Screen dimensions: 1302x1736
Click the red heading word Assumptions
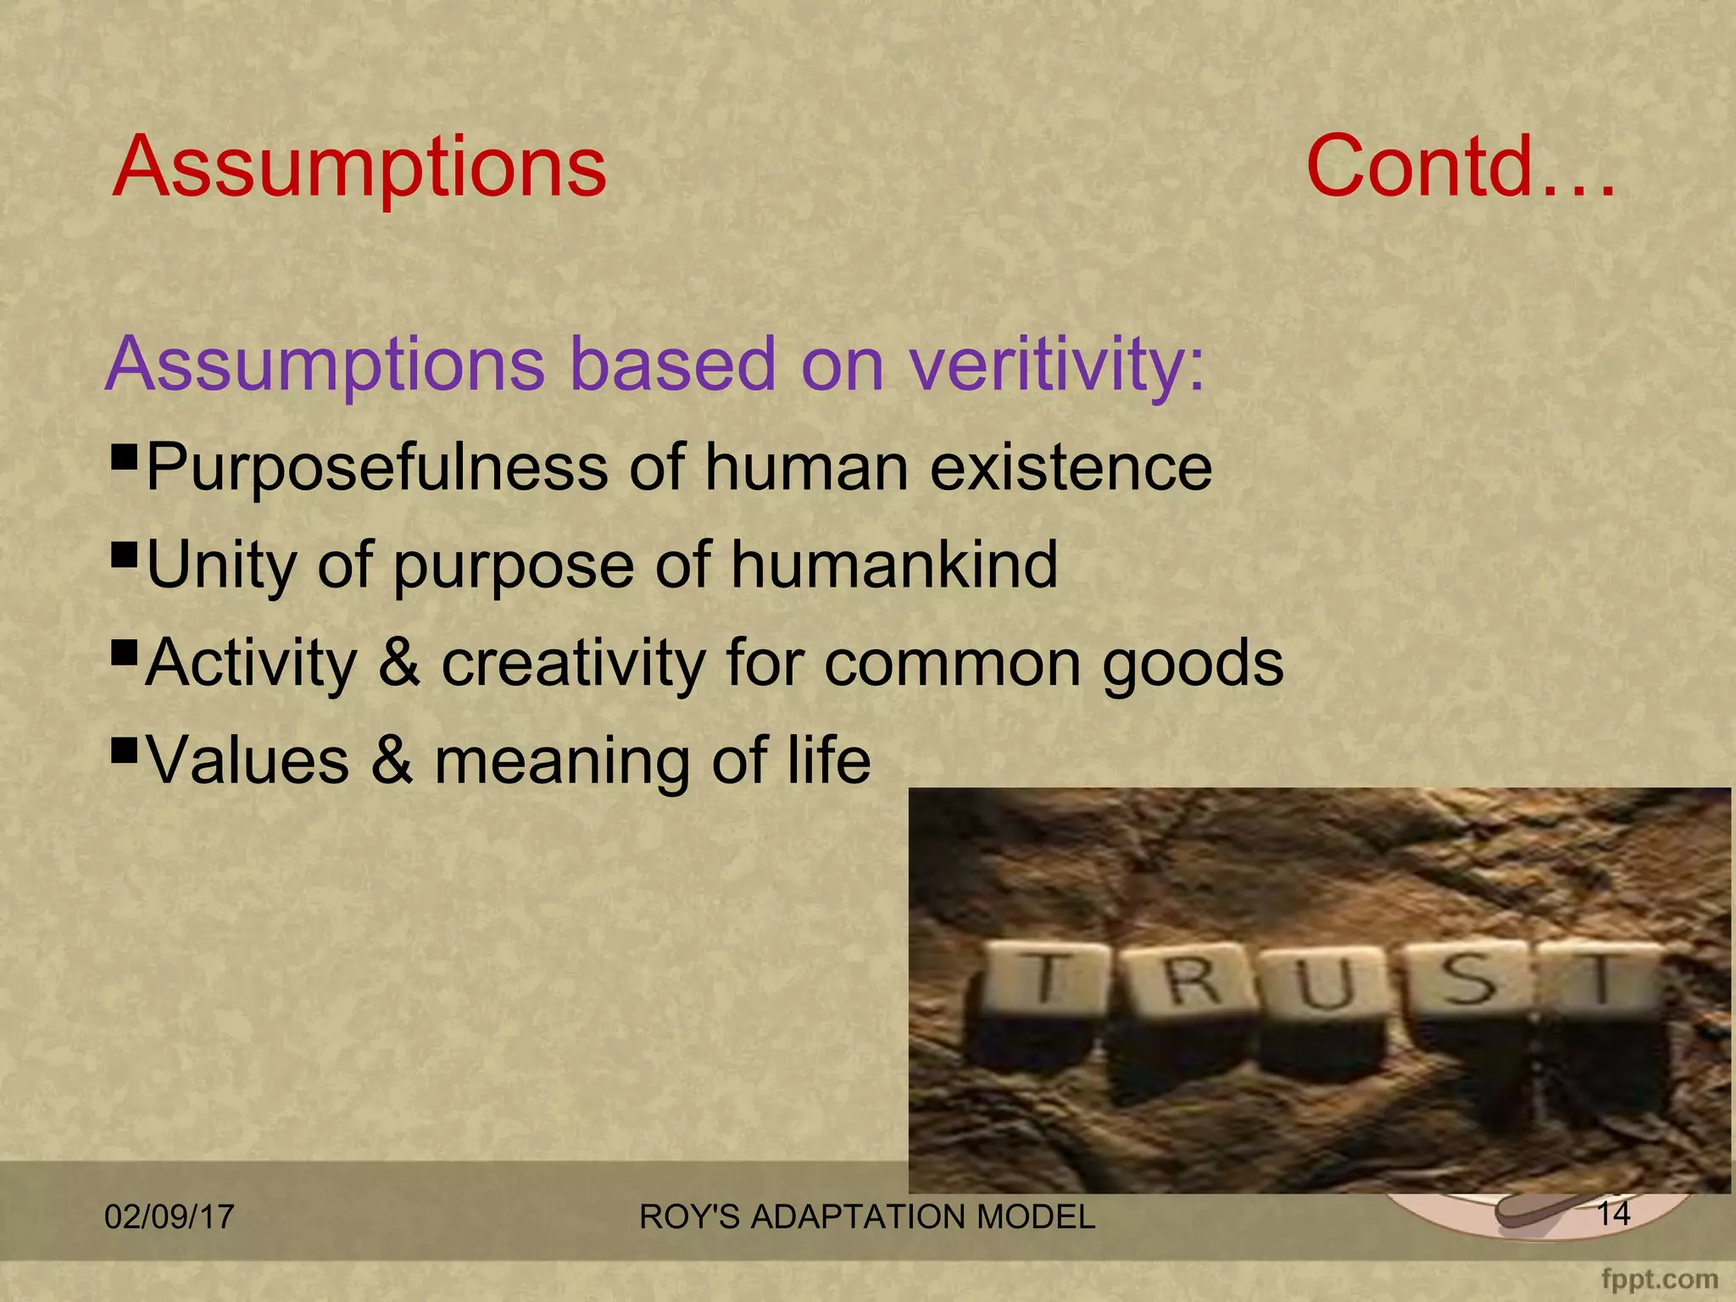click(x=359, y=167)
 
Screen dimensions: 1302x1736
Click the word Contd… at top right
click(x=1461, y=167)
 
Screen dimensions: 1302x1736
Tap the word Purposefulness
click(x=376, y=468)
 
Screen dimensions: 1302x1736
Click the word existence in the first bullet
click(x=1071, y=468)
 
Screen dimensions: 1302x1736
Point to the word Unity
click(x=221, y=565)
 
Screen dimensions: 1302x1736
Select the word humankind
click(x=894, y=565)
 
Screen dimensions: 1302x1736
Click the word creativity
click(x=574, y=663)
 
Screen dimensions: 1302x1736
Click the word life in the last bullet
click(x=828, y=760)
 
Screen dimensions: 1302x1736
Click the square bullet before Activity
click(x=125, y=653)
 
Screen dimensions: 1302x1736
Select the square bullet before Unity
click(x=125, y=555)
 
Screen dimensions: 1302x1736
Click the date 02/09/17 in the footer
click(x=169, y=1217)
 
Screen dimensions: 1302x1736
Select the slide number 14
click(x=1613, y=1214)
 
